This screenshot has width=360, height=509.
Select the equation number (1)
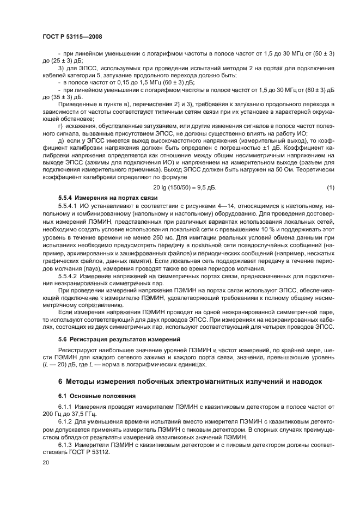coord(330,188)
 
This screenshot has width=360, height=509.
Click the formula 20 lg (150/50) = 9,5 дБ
coord(181,188)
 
